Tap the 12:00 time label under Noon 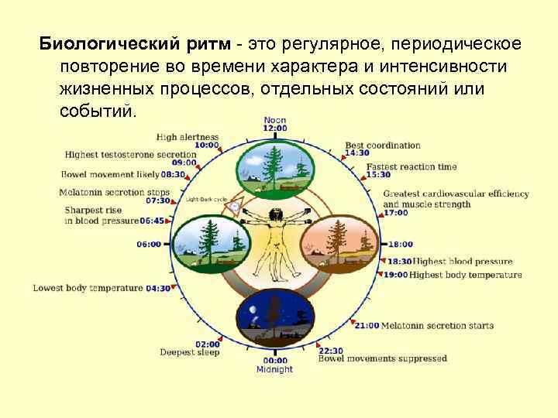[275, 128]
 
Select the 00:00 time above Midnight [275, 360]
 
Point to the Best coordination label [383, 145]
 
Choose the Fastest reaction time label [412, 166]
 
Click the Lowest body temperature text [88, 288]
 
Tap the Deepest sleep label [190, 352]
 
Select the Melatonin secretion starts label [437, 326]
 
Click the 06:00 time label [149, 244]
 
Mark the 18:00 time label [400, 244]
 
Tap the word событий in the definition [97, 111]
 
